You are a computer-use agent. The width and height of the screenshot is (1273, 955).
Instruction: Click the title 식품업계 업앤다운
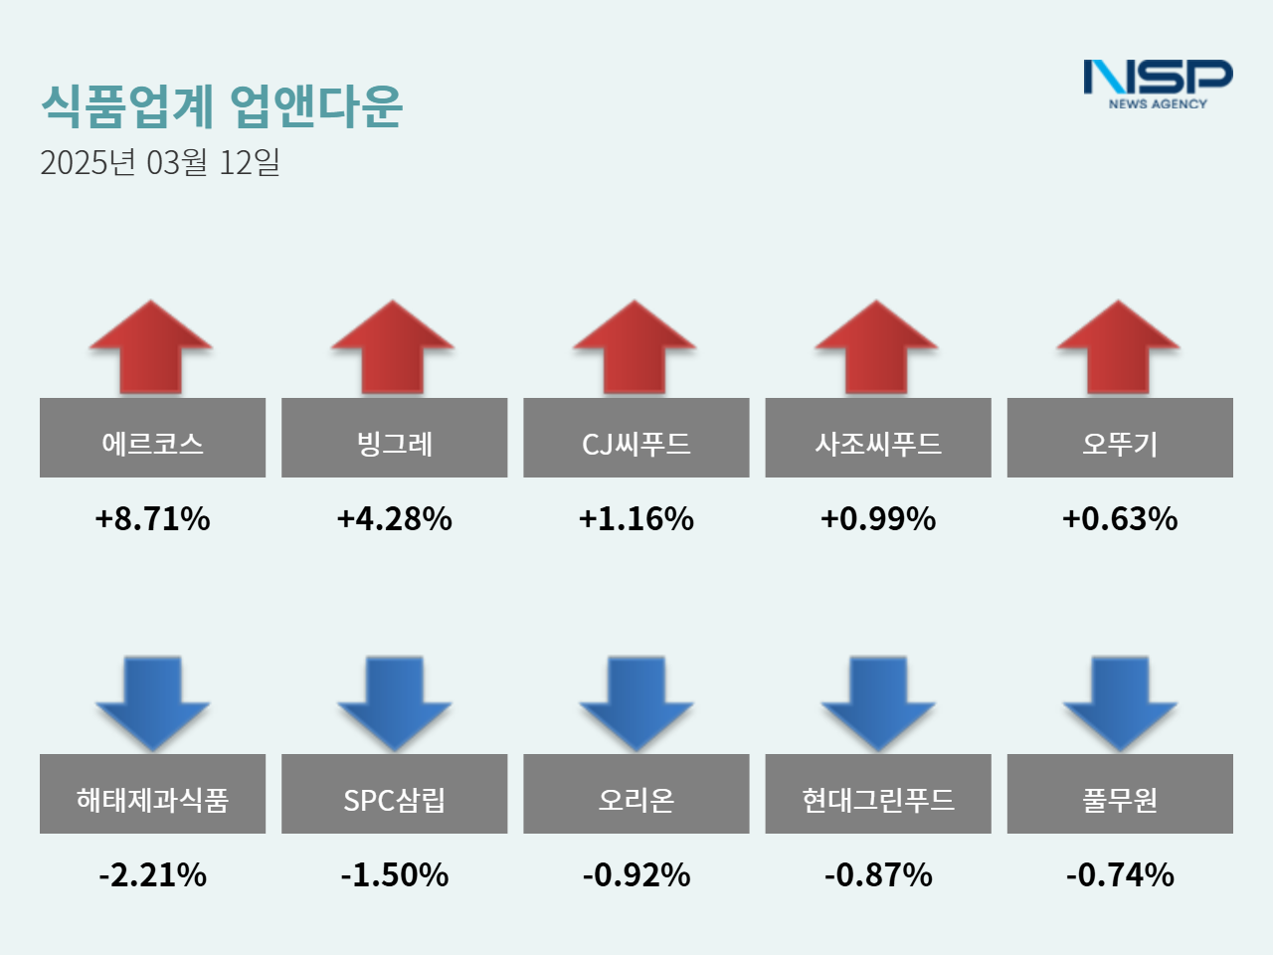pyautogui.click(x=222, y=105)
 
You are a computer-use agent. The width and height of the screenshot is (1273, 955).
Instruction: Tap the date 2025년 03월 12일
pyautogui.click(x=160, y=162)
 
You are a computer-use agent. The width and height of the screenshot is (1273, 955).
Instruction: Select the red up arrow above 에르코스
pyautogui.click(x=151, y=348)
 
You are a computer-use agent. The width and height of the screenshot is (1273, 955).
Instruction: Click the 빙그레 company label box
pyautogui.click(x=394, y=438)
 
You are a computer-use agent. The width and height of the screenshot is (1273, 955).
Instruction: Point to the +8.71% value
pyautogui.click(x=152, y=518)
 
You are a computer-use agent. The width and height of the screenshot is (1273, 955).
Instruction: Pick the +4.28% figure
pyautogui.click(x=394, y=518)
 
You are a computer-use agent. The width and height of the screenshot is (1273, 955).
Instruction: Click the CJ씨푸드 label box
pyautogui.click(x=636, y=438)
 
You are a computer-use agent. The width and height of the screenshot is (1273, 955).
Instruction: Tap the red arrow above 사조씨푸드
pyautogui.click(x=877, y=348)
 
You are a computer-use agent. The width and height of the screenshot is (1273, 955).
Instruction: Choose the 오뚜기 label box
pyautogui.click(x=1120, y=438)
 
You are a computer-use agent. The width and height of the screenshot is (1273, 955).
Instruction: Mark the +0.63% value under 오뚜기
pyautogui.click(x=1120, y=518)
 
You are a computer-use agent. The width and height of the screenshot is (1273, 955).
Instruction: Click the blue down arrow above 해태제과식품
pyautogui.click(x=152, y=701)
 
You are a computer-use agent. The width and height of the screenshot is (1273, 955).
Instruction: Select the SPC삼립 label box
pyautogui.click(x=394, y=794)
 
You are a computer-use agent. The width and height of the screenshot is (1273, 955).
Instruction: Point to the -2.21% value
pyautogui.click(x=152, y=875)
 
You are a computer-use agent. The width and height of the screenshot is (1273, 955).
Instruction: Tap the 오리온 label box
pyautogui.click(x=636, y=794)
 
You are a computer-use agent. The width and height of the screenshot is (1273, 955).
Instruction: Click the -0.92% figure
pyautogui.click(x=636, y=875)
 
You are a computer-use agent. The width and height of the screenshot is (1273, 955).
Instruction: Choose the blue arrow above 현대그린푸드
pyautogui.click(x=877, y=701)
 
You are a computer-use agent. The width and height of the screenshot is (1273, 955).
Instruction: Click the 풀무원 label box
pyautogui.click(x=1120, y=794)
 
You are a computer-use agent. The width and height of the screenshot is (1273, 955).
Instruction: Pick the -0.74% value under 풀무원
pyautogui.click(x=1120, y=875)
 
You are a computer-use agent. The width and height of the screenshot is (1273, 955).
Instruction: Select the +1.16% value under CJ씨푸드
pyautogui.click(x=636, y=518)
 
